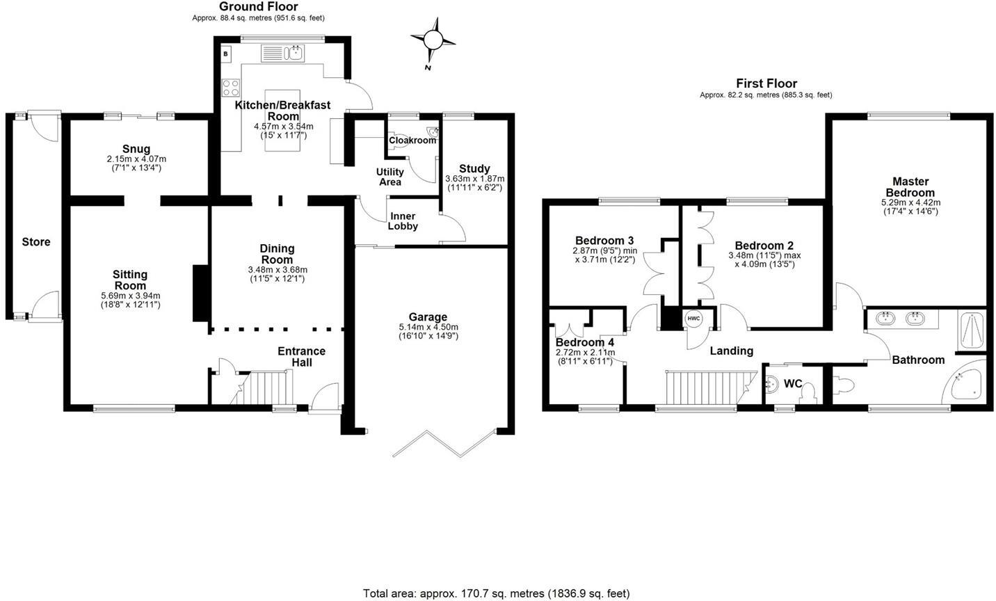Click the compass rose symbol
click(433, 40)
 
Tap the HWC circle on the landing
click(693, 319)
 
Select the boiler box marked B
click(225, 54)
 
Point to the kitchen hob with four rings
click(230, 88)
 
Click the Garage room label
click(428, 317)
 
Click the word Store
click(36, 242)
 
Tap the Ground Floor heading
click(258, 7)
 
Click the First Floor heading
click(766, 83)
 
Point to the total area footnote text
click(496, 593)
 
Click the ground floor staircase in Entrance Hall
click(265, 387)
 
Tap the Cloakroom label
click(412, 141)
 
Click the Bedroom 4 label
click(584, 343)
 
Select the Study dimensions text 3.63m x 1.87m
click(474, 179)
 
